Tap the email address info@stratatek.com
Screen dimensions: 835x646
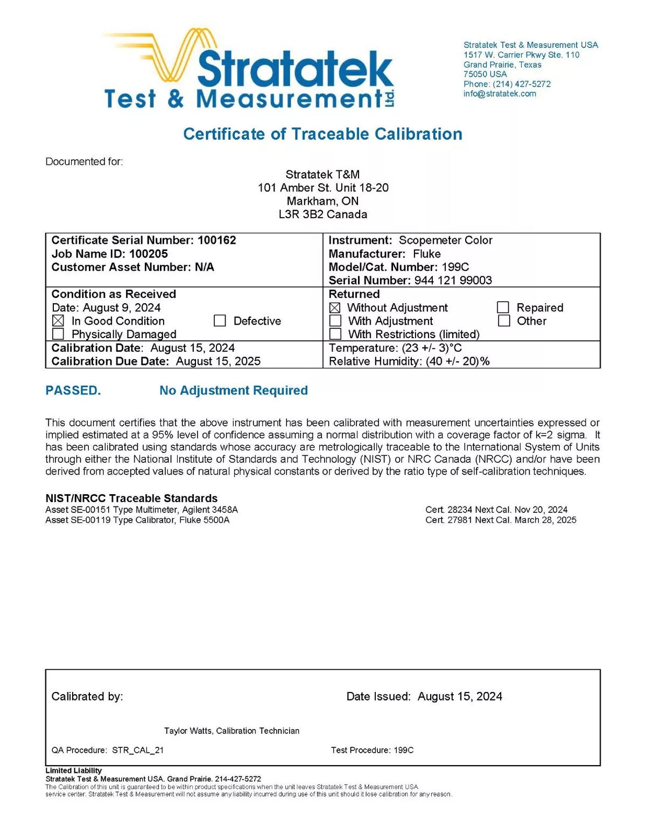click(500, 94)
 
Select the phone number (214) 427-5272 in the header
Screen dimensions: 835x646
click(521, 84)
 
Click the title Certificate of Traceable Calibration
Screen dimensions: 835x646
click(322, 134)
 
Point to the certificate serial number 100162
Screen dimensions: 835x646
click(216, 240)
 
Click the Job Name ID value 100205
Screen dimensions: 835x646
click(149, 254)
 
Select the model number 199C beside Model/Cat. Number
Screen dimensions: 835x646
click(455, 267)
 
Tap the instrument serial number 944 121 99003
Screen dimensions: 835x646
click(453, 280)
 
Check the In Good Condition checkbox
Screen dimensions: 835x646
click(58, 321)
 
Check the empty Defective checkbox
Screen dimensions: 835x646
click(220, 321)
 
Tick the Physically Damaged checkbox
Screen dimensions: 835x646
click(58, 334)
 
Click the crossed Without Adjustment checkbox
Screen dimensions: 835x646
click(335, 308)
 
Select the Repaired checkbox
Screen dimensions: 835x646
click(503, 308)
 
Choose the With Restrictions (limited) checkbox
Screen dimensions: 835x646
click(335, 334)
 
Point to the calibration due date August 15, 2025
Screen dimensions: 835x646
click(218, 361)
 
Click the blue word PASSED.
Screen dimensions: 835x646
click(73, 391)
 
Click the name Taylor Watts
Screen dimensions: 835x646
click(188, 731)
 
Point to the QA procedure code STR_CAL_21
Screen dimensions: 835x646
click(138, 750)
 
